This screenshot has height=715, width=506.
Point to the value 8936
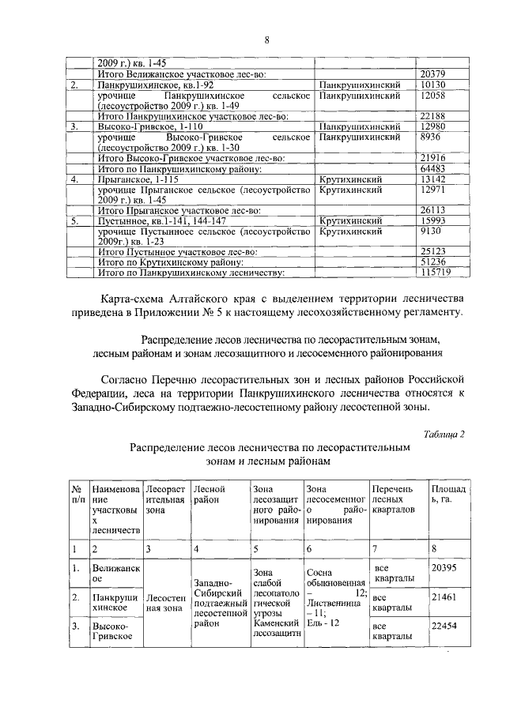tap(432, 137)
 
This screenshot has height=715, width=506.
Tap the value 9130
tap(432, 231)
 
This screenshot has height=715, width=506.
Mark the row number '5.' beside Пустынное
tap(74, 220)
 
